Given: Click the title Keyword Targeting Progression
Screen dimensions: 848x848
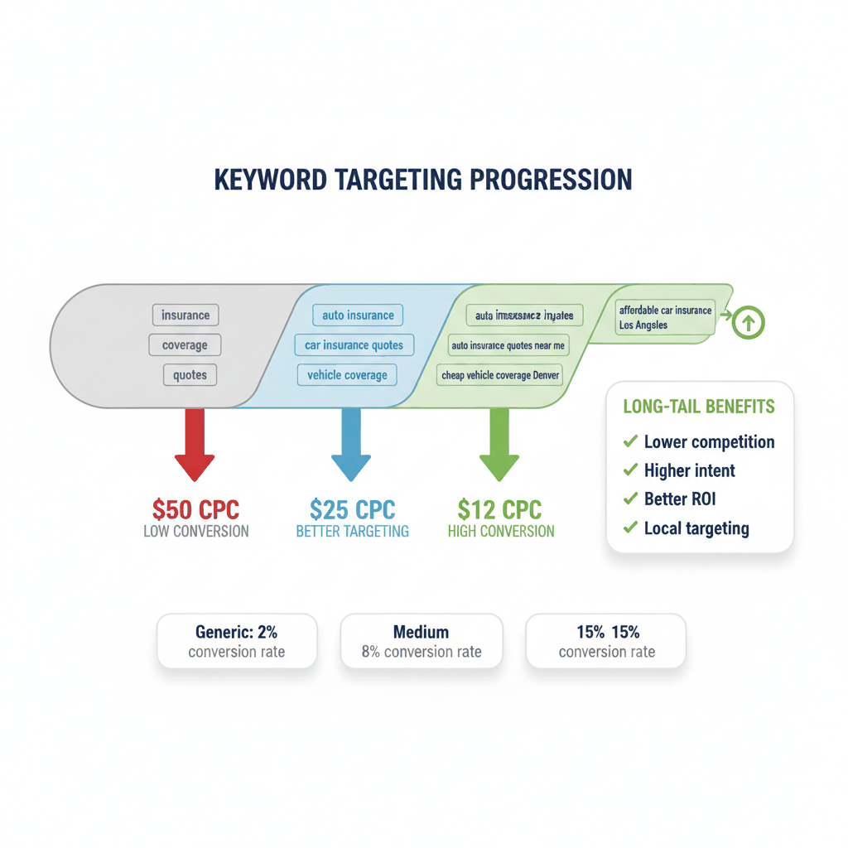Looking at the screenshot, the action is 423,180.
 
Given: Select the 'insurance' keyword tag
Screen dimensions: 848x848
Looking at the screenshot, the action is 185,316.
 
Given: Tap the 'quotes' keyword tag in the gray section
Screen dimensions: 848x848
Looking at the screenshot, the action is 190,375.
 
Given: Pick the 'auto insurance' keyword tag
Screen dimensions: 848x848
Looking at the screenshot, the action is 358,316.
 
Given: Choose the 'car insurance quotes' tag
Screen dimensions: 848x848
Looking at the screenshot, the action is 354,345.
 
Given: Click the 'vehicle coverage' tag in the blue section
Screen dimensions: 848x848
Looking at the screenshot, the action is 347,375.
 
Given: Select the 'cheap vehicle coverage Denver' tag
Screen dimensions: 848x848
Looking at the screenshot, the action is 500,375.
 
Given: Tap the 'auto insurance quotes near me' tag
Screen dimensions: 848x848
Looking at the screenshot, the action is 508,345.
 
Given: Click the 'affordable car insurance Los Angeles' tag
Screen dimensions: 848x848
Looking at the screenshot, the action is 665,318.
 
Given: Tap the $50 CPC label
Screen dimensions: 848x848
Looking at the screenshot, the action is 195,508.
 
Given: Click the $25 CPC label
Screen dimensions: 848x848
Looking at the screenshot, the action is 352,508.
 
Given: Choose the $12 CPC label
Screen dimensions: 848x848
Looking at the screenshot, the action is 501,508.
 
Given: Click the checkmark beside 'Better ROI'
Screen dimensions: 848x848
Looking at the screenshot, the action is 630,499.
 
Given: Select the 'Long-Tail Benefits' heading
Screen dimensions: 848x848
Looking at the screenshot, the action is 698,407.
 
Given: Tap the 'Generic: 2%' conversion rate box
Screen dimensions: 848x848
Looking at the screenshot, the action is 237,641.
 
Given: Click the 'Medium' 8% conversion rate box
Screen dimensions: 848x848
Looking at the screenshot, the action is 422,641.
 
